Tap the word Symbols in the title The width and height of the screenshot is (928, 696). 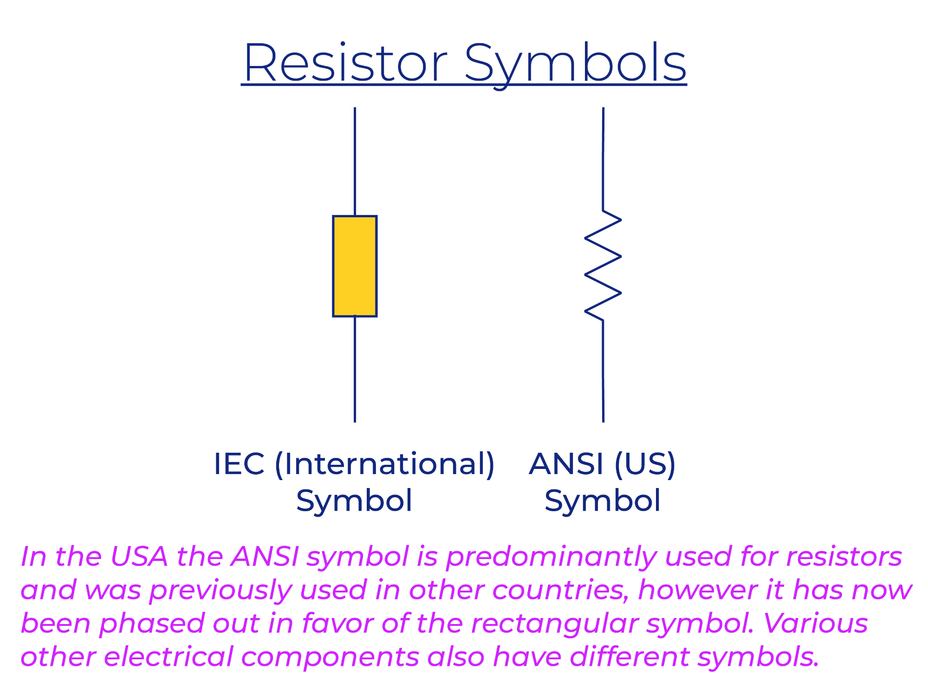tap(575, 65)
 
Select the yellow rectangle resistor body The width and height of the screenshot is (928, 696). tap(355, 266)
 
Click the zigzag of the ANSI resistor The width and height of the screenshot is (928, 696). tap(603, 266)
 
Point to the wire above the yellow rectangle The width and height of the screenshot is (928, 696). tap(355, 162)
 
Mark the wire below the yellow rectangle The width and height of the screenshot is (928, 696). tap(355, 369)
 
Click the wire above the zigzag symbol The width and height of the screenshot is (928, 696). tap(603, 159)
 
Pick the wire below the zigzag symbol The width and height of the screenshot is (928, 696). tap(603, 371)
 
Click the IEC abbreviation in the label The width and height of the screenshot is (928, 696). tap(239, 463)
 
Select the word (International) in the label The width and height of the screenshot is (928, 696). tap(385, 464)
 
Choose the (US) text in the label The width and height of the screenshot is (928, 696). tap(645, 464)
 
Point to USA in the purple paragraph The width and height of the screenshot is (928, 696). tap(139, 556)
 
